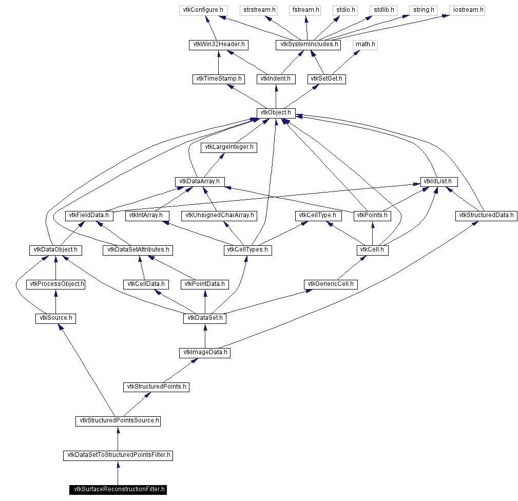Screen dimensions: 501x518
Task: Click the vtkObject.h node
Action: click(x=276, y=112)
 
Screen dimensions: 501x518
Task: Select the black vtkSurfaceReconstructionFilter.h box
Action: click(x=118, y=489)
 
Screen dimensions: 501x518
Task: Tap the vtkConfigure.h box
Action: click(x=204, y=10)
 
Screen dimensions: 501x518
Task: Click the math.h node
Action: click(x=366, y=44)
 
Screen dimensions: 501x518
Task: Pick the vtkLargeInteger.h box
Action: click(x=229, y=147)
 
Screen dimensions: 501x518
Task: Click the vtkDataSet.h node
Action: click(x=205, y=318)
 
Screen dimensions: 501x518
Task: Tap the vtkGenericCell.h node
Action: click(x=331, y=284)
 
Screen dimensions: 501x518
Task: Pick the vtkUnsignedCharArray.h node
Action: click(x=220, y=216)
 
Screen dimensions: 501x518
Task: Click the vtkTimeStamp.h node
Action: click(x=218, y=79)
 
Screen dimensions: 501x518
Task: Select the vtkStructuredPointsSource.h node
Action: click(x=118, y=421)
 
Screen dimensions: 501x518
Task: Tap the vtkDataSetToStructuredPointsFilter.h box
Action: click(x=118, y=455)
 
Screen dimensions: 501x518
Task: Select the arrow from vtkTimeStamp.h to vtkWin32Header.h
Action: click(x=218, y=62)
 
